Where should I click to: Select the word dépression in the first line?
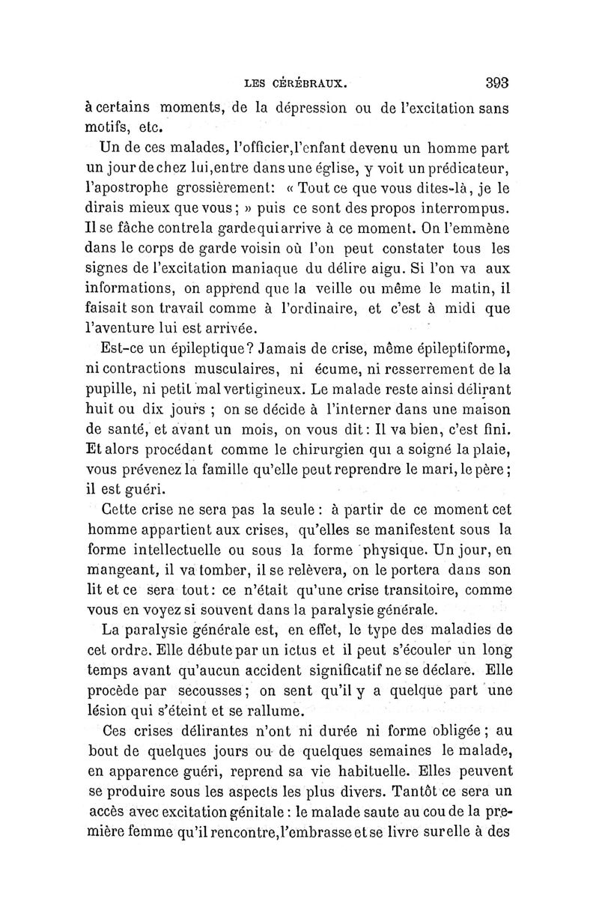point(299,108)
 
